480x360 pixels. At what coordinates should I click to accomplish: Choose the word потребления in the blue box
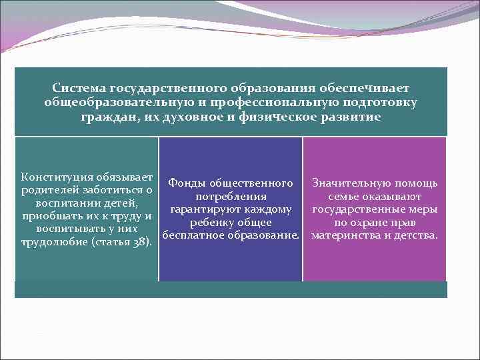point(231,197)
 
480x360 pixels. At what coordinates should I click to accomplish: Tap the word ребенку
point(213,222)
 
